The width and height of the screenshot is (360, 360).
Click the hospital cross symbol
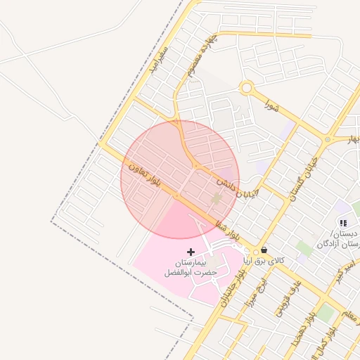[x=190, y=251]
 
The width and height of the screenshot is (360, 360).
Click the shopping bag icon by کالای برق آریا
[x=264, y=250]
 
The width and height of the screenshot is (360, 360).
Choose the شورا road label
[x=271, y=106]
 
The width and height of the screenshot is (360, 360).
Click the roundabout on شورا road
[x=246, y=88]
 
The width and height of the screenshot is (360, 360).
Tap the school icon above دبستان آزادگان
[x=343, y=223]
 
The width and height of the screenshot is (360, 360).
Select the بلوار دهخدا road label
[x=304, y=328]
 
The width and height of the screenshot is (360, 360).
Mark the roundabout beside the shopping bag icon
[x=256, y=251]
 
